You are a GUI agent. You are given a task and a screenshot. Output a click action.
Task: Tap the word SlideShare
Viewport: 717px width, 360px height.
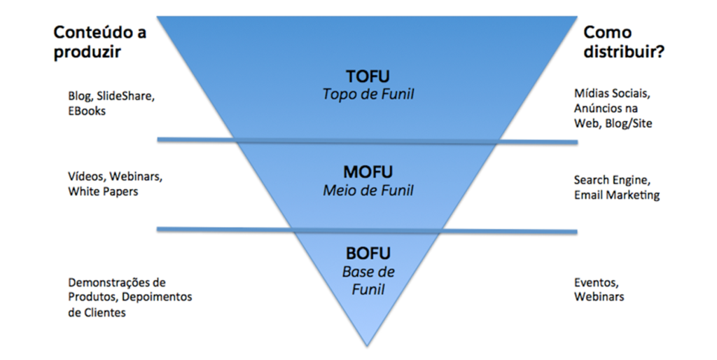(125, 95)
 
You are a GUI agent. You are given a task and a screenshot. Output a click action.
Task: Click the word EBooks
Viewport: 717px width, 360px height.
(87, 111)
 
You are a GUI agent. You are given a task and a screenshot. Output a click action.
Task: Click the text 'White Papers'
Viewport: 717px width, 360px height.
(103, 191)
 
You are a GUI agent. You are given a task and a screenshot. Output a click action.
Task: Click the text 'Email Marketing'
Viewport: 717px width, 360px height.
(616, 195)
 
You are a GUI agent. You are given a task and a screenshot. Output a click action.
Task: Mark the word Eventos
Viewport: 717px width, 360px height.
(596, 283)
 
